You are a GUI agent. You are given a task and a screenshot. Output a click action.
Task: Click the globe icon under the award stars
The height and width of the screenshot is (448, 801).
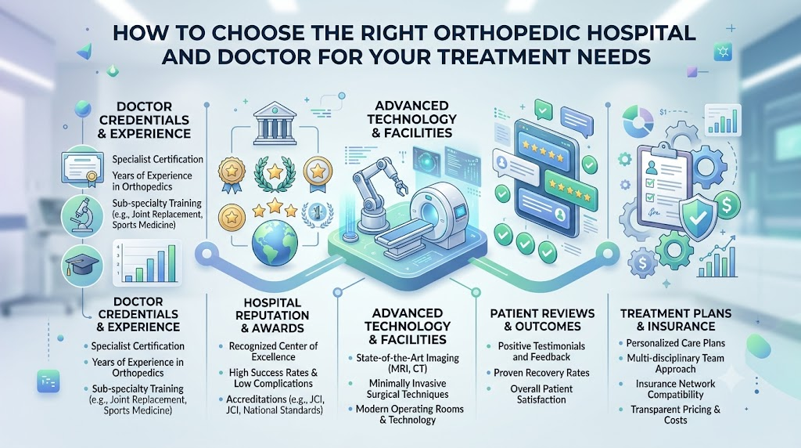275,243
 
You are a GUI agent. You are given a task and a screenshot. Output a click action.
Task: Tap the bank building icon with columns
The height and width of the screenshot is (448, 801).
275,121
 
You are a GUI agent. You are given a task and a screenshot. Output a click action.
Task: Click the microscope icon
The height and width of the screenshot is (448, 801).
82,215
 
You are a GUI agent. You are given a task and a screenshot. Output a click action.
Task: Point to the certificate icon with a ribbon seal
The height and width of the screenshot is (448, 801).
82,167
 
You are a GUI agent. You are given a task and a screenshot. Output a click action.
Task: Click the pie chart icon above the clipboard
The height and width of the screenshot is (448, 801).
638,121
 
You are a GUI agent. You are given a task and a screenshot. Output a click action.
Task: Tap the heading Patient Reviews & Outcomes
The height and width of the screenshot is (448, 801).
542,320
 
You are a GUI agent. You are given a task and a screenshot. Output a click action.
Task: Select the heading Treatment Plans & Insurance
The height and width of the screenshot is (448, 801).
676,320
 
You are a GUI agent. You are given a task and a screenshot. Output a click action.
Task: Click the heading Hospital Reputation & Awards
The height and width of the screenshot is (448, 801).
272,316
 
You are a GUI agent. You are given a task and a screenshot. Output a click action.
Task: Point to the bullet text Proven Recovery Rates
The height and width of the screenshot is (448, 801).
541,373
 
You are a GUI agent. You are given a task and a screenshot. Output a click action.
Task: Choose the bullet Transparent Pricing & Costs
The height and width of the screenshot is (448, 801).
675,415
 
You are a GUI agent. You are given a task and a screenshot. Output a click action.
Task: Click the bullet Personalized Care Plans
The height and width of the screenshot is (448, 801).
675,343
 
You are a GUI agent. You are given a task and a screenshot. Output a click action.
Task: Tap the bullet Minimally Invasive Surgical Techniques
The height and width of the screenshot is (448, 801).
407,388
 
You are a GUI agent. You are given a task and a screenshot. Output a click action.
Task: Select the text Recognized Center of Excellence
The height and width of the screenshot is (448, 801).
273,352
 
